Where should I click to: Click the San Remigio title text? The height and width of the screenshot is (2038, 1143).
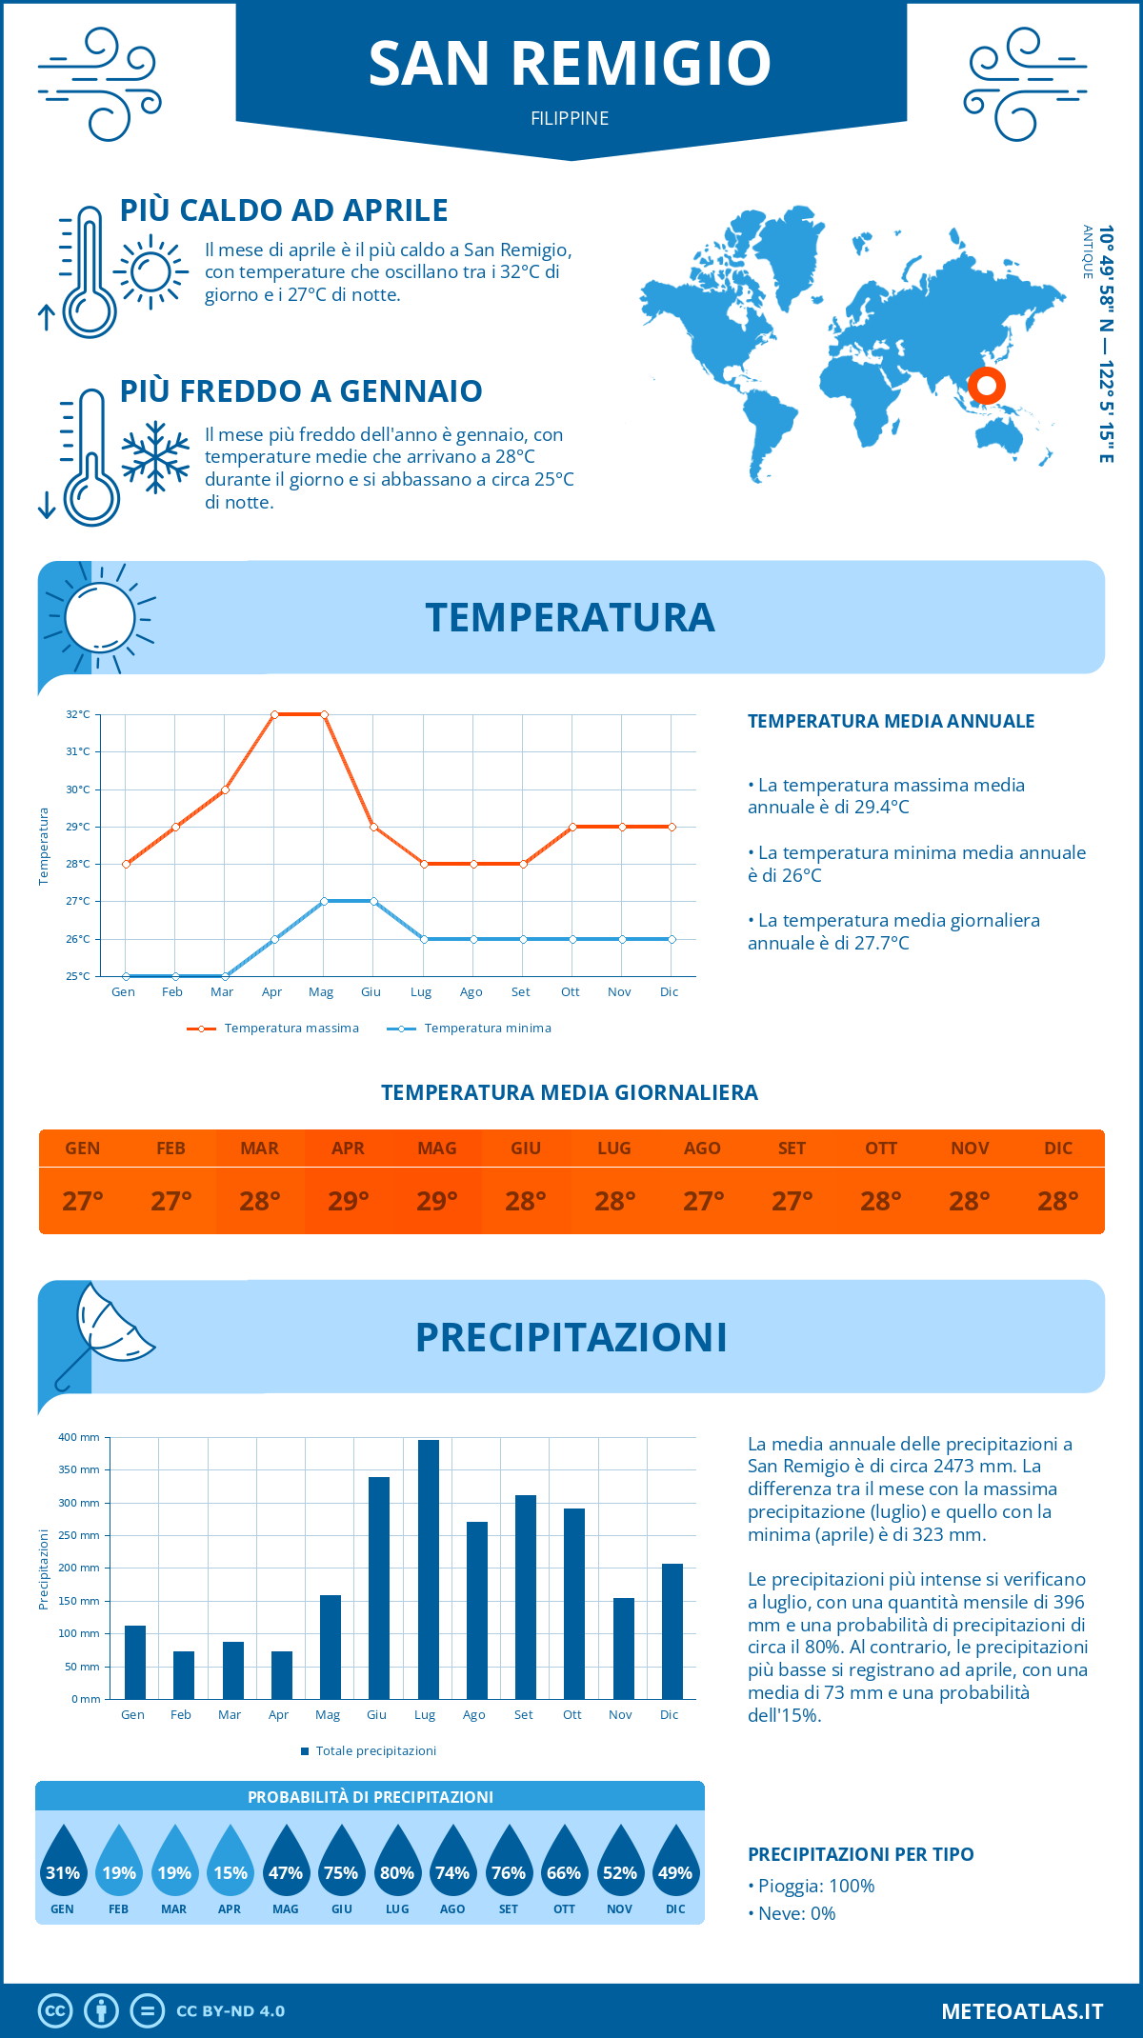coord(570,64)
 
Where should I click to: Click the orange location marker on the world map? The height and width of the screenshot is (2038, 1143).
coord(986,386)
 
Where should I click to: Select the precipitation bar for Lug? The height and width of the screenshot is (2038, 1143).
coord(428,1569)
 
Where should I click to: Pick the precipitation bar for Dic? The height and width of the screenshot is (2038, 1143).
coord(672,1631)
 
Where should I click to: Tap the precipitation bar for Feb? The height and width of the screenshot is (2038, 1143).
coord(184,1675)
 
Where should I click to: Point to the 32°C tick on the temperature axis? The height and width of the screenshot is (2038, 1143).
coord(78,714)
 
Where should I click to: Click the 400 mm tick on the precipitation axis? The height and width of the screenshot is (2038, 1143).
coord(80,1437)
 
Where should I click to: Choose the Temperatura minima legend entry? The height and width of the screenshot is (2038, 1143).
coord(470,1029)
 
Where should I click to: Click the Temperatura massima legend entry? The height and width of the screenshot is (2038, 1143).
coord(273,1029)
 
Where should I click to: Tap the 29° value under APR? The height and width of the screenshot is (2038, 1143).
coord(348,1201)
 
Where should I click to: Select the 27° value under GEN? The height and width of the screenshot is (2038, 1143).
coord(82,1201)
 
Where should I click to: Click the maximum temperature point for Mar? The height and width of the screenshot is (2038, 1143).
coord(225,789)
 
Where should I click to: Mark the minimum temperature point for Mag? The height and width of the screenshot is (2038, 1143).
coord(324,901)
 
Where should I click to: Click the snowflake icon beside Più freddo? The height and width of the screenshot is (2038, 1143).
coord(155,457)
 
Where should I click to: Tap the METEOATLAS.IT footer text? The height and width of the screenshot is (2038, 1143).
coord(1022,2011)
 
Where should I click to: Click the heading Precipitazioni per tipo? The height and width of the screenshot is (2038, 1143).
coord(860,1854)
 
